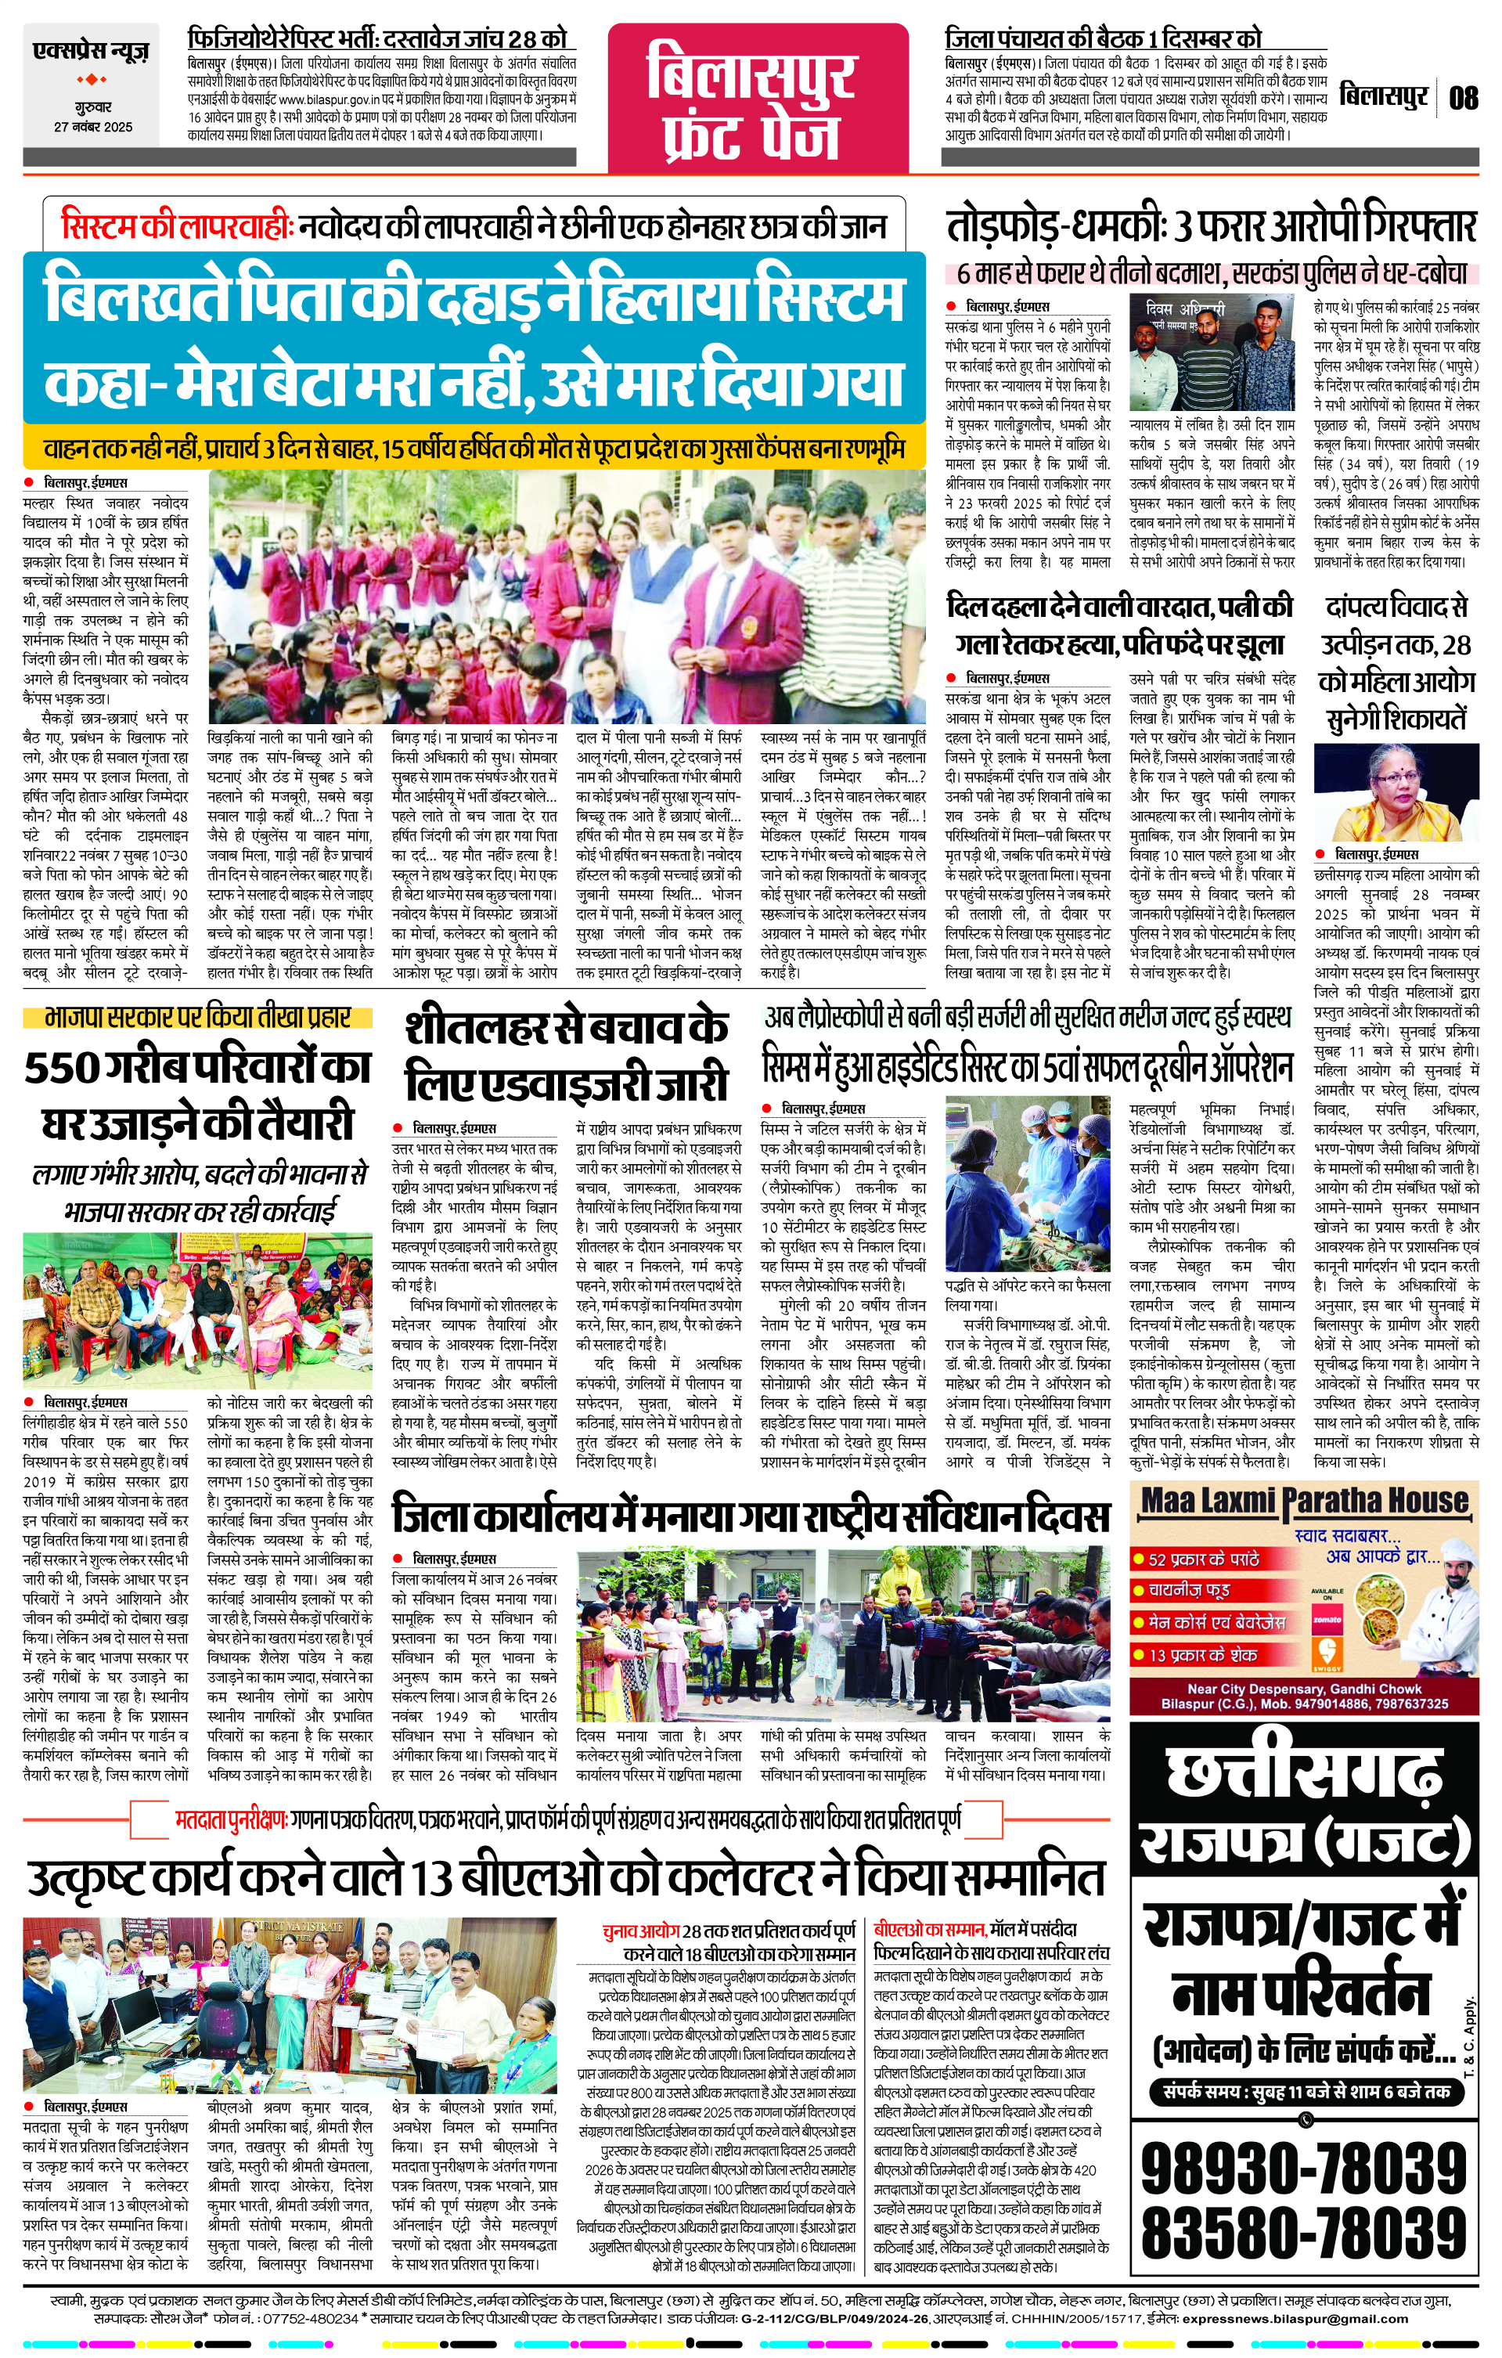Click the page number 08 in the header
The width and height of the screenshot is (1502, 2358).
(1463, 98)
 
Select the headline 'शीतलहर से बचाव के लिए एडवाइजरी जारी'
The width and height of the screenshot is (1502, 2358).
(566, 1057)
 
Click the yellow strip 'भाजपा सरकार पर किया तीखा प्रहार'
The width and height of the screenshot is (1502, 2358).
(198, 1019)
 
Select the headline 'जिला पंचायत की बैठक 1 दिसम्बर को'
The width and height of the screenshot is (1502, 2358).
(1104, 39)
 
